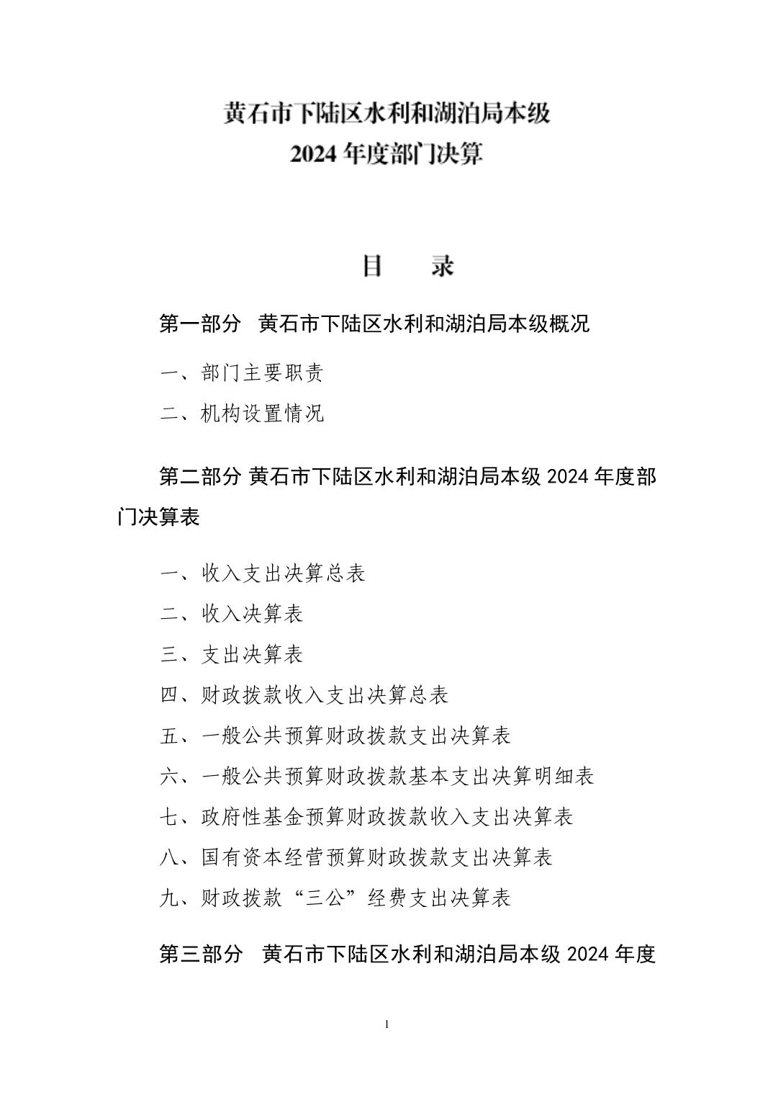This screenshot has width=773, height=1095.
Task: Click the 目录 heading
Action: point(407,266)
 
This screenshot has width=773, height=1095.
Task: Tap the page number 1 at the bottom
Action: point(387,1024)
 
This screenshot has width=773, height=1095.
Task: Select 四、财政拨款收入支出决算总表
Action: point(304,695)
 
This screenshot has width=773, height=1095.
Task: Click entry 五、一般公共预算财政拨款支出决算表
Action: point(335,736)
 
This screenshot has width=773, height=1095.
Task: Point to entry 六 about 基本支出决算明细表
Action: point(376,776)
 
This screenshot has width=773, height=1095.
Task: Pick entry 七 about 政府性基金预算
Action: point(366,817)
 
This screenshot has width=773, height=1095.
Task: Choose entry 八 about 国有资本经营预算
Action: point(356,857)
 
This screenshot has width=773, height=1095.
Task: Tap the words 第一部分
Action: point(200,323)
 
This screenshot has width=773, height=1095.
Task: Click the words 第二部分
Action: point(200,477)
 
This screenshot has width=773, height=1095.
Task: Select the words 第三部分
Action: point(200,954)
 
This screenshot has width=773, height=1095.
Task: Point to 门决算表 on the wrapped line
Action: point(158,517)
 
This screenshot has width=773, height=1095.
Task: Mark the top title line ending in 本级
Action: point(386,114)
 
